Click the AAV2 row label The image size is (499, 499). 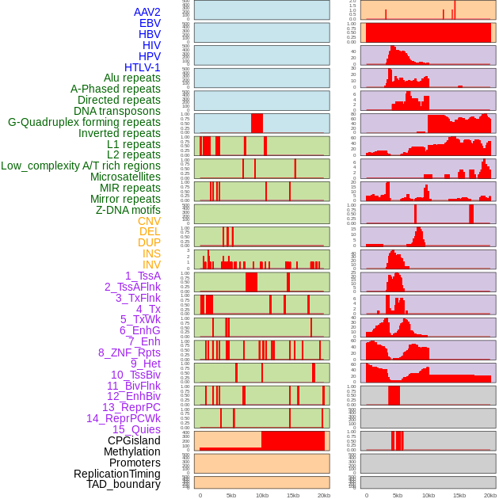coord(147,12)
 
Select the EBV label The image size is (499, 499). coord(150,23)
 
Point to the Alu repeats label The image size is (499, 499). coord(131,78)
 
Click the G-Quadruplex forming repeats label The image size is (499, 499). coord(84,122)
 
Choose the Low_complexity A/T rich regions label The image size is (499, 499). coord(81,166)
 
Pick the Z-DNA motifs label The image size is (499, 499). coord(128,210)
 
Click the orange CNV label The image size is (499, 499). coord(149,221)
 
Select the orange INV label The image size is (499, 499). coord(151,265)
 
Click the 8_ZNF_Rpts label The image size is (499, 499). coord(129,352)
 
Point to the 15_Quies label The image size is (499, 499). coord(136,429)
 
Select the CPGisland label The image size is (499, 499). coord(134,440)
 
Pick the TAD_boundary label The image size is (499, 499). coord(124,484)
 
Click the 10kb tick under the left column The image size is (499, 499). coord(261,495)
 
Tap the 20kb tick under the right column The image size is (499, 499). coord(490,495)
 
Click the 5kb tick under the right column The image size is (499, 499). coord(398,495)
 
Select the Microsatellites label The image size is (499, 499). coord(125,177)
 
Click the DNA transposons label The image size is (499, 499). coord(117,111)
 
